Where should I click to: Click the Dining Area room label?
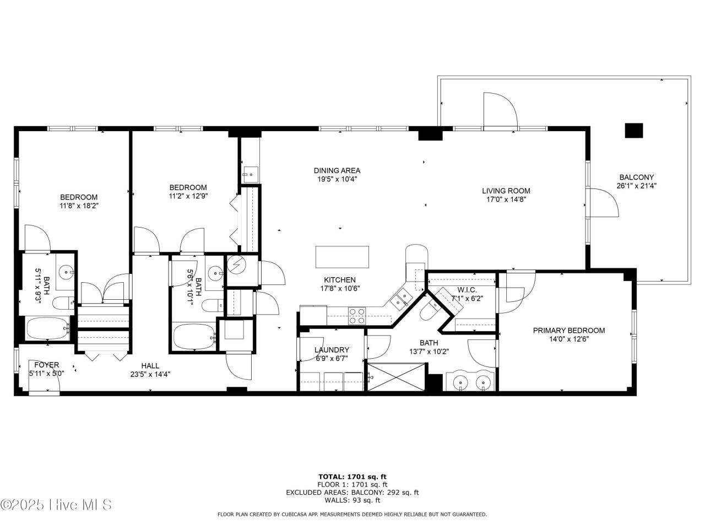point(337,171)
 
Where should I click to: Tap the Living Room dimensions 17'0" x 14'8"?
point(506,199)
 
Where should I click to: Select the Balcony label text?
point(636,177)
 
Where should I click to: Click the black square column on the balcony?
point(634,131)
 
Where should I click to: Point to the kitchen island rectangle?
point(342,257)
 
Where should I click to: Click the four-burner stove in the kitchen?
point(357,316)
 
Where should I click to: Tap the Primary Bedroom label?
point(569,331)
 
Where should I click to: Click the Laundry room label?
point(332,350)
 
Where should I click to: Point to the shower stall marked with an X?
point(397,377)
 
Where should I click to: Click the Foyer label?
point(47,365)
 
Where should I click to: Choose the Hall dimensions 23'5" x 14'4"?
point(150,374)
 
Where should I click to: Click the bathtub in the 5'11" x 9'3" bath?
point(47,328)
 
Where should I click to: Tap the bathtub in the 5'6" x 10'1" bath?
point(194,336)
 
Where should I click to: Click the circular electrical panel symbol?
point(236,264)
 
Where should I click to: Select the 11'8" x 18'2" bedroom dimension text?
point(79,206)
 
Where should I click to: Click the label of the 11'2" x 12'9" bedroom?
point(188,187)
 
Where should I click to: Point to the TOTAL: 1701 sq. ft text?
point(352,477)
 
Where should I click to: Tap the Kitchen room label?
point(339,280)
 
